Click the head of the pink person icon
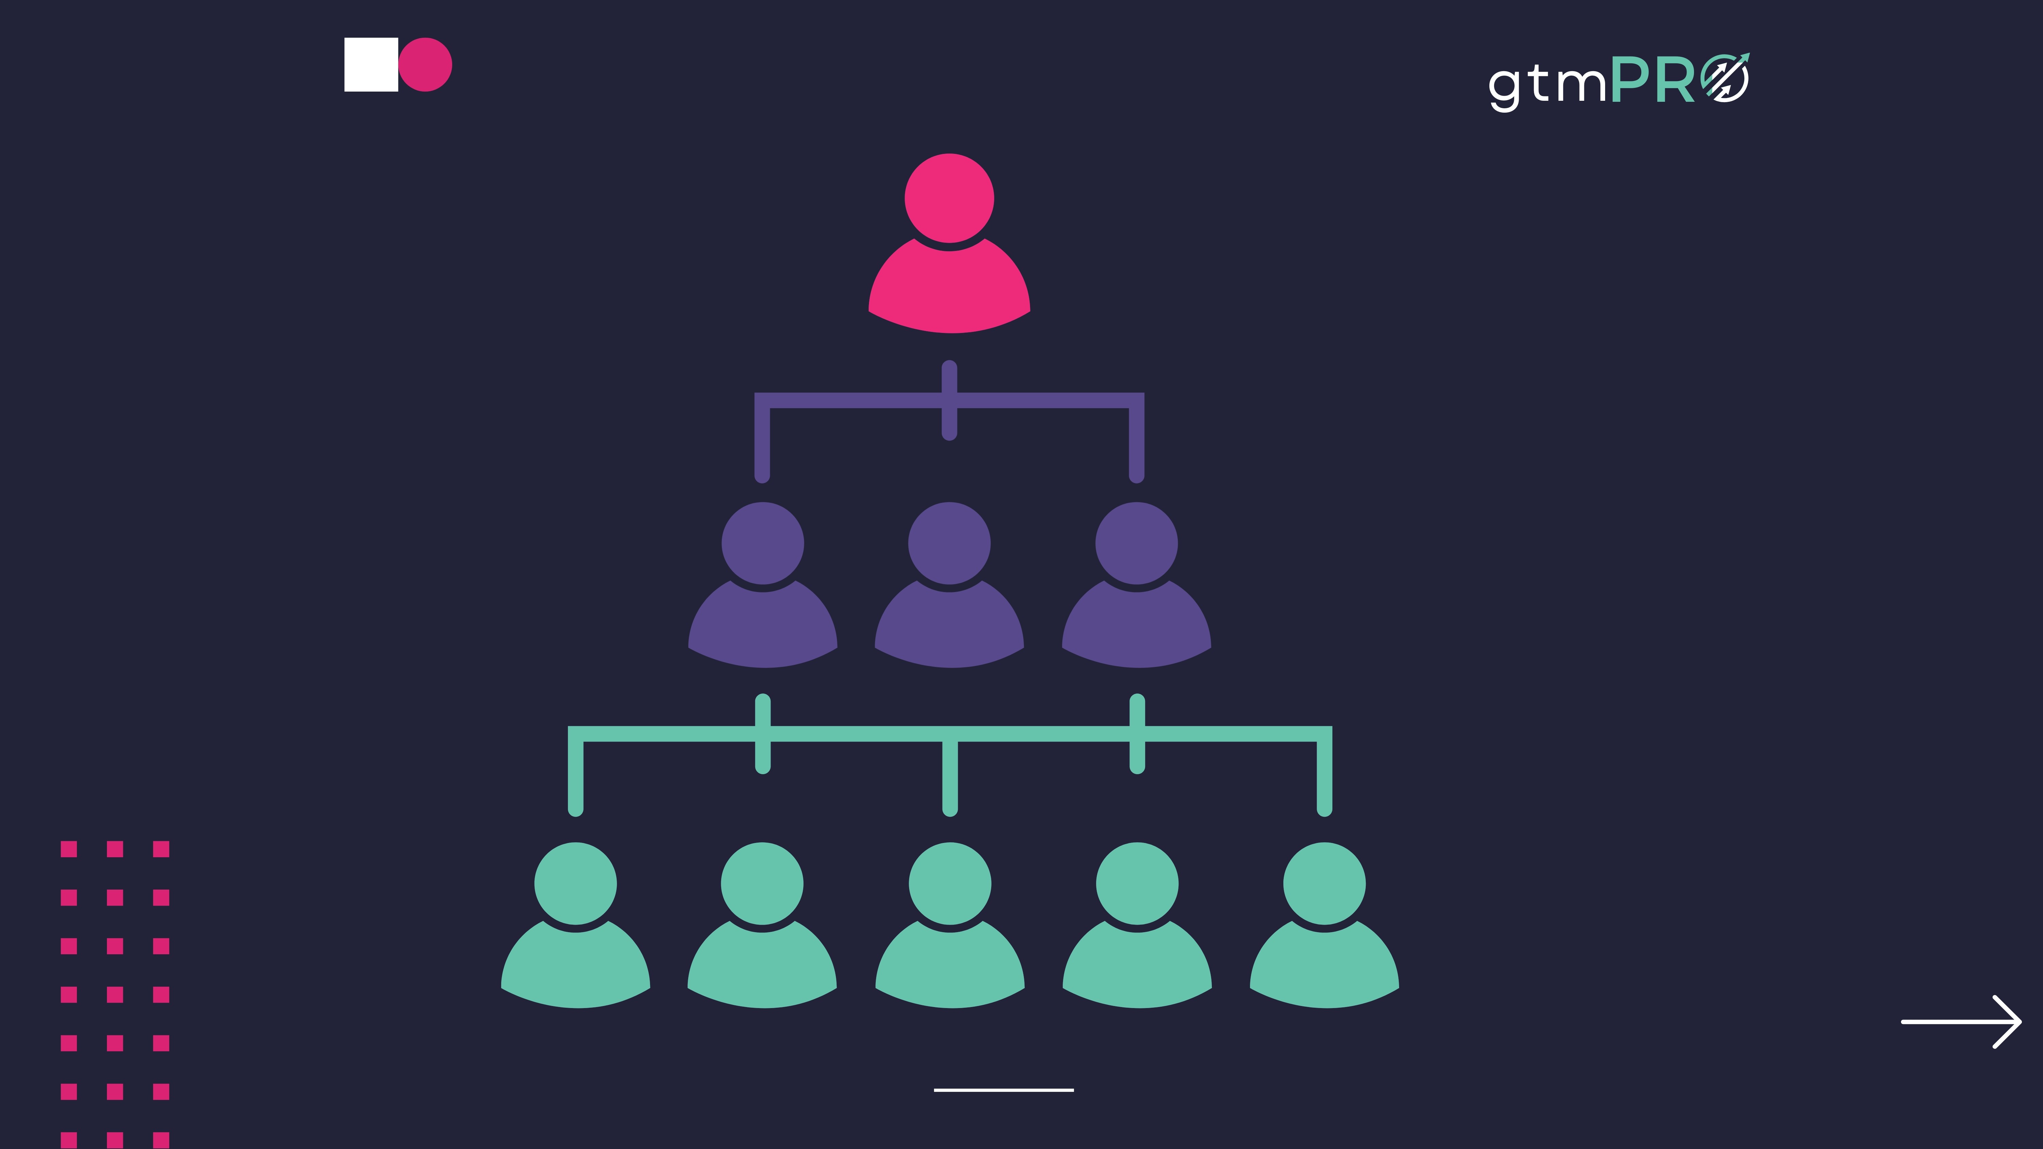(x=949, y=198)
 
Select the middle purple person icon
(x=949, y=587)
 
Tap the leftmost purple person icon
(x=762, y=587)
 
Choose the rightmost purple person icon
(x=1137, y=587)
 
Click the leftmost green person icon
(x=576, y=928)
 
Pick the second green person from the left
(x=762, y=928)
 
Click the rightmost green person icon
(x=1325, y=928)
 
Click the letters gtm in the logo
(x=1547, y=83)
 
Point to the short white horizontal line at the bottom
(x=1003, y=1090)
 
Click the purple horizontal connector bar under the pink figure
(x=857, y=400)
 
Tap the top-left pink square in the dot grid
(x=69, y=849)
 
